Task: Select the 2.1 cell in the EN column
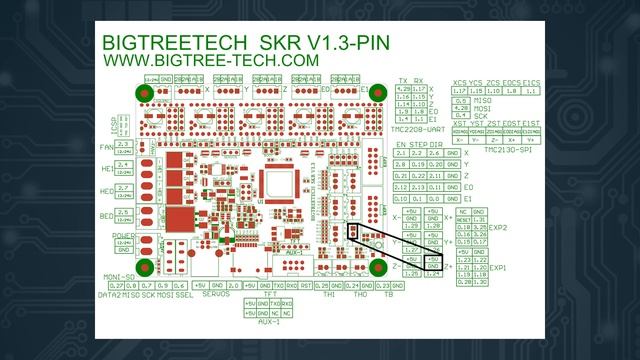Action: (403, 152)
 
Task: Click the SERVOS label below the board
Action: (216, 295)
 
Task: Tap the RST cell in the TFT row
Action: (304, 286)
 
